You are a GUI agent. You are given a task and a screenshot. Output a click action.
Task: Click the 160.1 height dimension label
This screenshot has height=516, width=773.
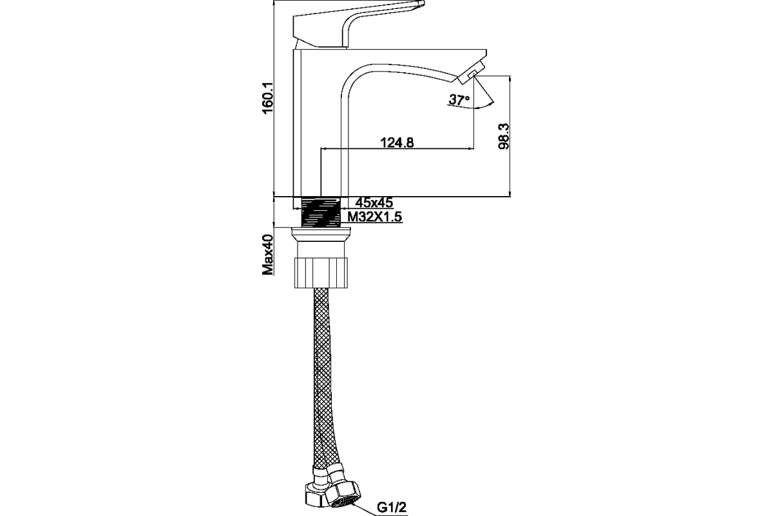coord(268,98)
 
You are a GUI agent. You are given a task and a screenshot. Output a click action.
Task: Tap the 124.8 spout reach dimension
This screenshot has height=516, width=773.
coord(397,142)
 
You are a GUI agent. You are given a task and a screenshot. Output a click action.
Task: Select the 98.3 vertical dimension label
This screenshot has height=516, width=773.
coord(504,136)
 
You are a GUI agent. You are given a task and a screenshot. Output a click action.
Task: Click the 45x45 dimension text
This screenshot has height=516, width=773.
coord(374,202)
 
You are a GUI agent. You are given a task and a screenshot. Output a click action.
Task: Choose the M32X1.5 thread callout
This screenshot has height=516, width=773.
coord(375,217)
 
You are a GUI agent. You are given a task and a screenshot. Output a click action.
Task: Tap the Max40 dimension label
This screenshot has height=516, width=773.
coord(268,254)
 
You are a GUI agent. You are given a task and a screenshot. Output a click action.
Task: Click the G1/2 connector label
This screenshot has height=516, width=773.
coord(392,508)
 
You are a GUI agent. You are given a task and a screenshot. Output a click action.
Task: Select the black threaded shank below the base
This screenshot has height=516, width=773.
coord(321,212)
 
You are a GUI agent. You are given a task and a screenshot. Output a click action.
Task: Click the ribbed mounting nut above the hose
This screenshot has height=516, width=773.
coord(321,272)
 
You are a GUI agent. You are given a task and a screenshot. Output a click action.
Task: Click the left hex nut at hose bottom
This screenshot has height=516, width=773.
coord(315,495)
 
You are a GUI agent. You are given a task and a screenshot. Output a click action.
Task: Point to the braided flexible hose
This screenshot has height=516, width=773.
coord(325,377)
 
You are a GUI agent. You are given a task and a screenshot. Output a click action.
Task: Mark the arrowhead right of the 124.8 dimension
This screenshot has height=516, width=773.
coord(470,149)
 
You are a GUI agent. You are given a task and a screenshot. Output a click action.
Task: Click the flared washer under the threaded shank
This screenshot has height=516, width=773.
coord(321,233)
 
